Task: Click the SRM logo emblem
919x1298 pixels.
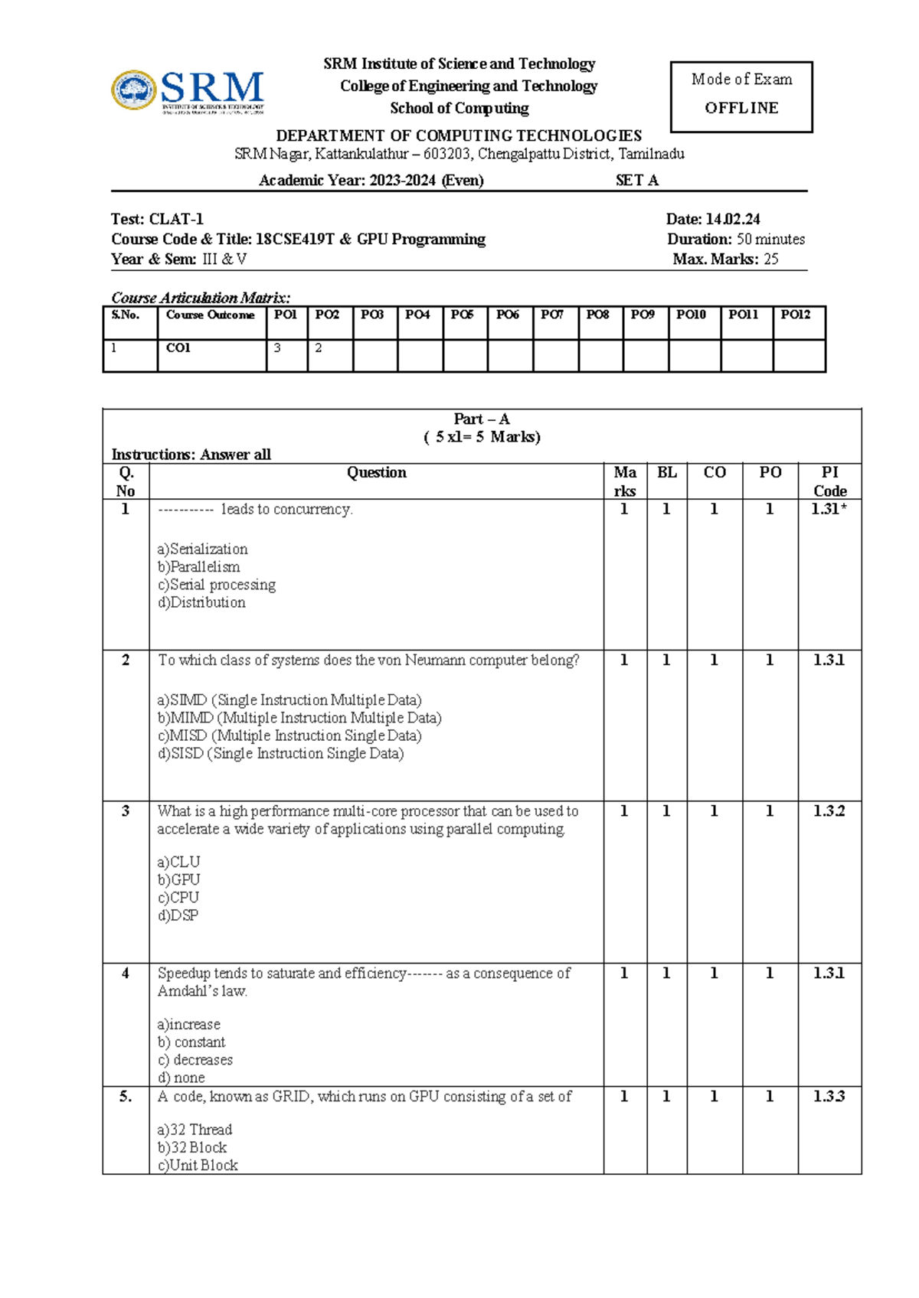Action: pos(135,90)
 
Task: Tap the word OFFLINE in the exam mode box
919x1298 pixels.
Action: pos(741,108)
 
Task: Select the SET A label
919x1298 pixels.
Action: pos(637,181)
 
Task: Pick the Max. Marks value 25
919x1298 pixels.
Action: pos(770,259)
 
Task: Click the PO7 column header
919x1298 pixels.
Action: pos(552,315)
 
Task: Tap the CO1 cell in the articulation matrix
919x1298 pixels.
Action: pos(178,348)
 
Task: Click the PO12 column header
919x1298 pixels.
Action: pos(796,315)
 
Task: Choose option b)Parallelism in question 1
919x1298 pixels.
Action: pos(199,567)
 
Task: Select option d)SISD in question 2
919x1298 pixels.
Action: pos(280,754)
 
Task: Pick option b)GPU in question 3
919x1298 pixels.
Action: pos(178,880)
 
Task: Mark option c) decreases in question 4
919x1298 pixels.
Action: pos(195,1060)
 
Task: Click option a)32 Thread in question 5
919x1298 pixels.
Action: pos(195,1130)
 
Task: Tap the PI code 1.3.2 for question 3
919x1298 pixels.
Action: pos(829,811)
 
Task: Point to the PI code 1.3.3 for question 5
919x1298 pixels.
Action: pos(829,1097)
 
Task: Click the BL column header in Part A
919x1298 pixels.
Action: pos(666,473)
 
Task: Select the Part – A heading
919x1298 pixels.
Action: pos(481,419)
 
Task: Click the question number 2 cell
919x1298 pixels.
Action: pos(126,660)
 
